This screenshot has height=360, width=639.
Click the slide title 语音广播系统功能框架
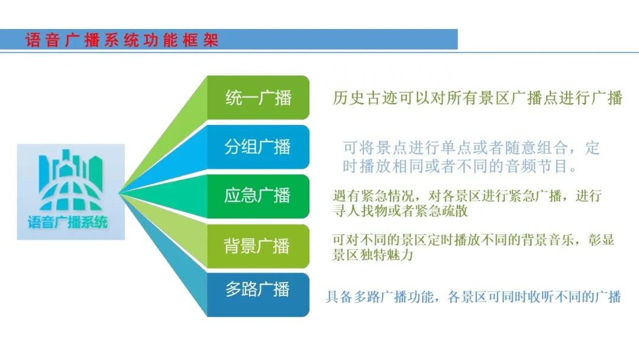122,40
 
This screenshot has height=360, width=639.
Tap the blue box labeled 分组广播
258,147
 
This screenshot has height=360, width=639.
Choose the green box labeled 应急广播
258,196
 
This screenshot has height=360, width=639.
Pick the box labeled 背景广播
258,246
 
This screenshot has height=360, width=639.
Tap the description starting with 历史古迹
477,98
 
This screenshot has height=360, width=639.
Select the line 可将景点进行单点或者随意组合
471,147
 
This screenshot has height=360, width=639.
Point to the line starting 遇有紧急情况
467,195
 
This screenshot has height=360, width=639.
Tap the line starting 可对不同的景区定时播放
473,240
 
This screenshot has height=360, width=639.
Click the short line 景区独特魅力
372,256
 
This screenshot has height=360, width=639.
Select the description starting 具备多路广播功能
473,297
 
